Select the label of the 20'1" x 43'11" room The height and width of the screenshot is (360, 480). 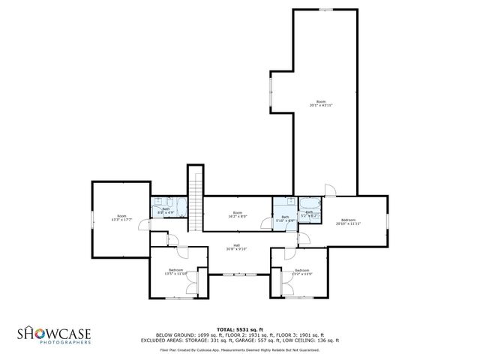(321, 103)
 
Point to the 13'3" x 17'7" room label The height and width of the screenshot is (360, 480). (121, 218)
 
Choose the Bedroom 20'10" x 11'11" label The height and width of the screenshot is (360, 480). (349, 222)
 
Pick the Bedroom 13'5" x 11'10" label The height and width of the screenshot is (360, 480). (176, 271)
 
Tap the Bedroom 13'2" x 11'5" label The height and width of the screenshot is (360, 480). (301, 271)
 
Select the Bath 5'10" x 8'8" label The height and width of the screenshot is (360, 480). (285, 219)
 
